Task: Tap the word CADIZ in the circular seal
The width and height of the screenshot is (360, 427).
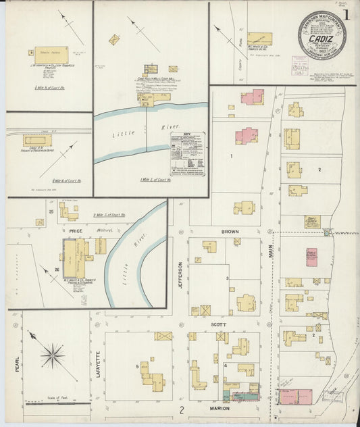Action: pyautogui.click(x=320, y=40)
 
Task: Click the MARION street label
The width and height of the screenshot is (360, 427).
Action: pyautogui.click(x=220, y=409)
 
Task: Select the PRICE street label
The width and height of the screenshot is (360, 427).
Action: pyautogui.click(x=75, y=230)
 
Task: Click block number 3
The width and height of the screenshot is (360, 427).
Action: pyautogui.click(x=228, y=278)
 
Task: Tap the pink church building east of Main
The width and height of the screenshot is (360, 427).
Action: pyautogui.click(x=311, y=257)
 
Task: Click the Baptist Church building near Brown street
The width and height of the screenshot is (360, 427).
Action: pyautogui.click(x=311, y=222)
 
